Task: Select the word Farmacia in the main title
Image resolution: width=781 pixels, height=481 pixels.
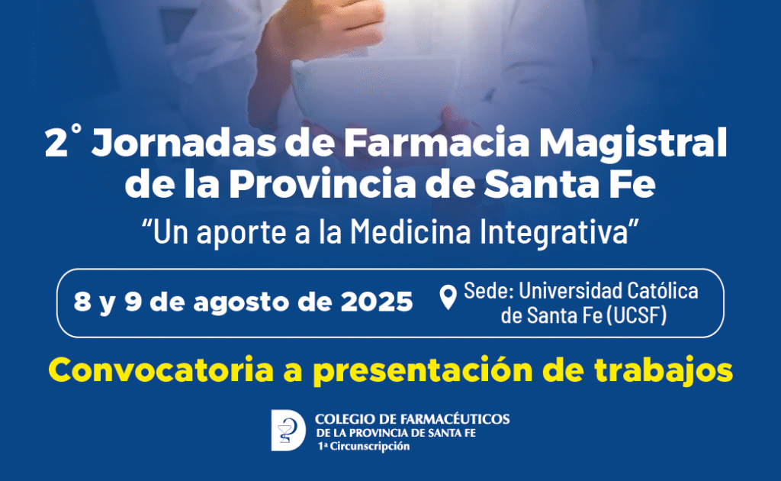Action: pyautogui.click(x=437, y=143)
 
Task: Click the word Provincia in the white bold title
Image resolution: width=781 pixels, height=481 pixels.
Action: pyautogui.click(x=323, y=185)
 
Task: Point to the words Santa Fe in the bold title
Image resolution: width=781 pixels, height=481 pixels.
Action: pyautogui.click(x=570, y=185)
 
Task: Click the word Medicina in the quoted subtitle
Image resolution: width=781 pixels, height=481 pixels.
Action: pyautogui.click(x=410, y=232)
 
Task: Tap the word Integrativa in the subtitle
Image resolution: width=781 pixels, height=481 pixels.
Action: pyautogui.click(x=554, y=233)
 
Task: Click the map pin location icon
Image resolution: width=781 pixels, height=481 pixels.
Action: pyautogui.click(x=448, y=297)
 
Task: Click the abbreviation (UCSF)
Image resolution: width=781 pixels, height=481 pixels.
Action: pyautogui.click(x=637, y=315)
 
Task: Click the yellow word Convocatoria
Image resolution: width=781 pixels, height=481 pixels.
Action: pyautogui.click(x=161, y=370)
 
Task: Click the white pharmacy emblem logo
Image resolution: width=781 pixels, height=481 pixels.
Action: pyautogui.click(x=288, y=430)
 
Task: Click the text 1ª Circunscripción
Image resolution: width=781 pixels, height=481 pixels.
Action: pyautogui.click(x=364, y=447)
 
